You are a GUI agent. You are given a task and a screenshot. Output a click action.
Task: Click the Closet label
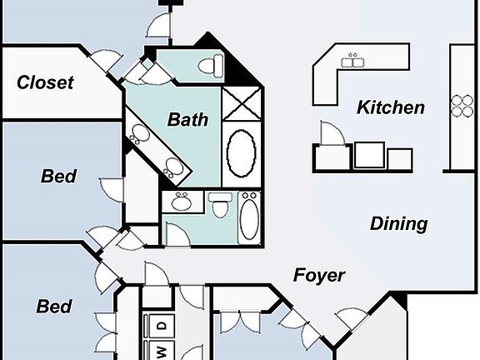[x=45, y=82]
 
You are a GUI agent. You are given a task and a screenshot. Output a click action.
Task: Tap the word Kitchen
[x=391, y=107]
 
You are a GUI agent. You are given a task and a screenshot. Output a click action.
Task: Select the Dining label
[x=399, y=223]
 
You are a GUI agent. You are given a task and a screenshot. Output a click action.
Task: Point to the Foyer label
[x=319, y=275]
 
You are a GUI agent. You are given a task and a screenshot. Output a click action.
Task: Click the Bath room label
[x=188, y=119]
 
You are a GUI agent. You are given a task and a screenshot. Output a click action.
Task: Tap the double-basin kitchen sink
[x=352, y=61]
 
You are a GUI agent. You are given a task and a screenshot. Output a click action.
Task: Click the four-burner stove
[x=462, y=106]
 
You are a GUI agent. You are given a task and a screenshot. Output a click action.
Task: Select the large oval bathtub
[x=241, y=153]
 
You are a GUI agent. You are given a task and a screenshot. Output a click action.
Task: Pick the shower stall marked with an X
[x=242, y=103]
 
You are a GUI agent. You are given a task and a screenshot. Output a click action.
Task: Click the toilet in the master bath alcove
[x=211, y=65]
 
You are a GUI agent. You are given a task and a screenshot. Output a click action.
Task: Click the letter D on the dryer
[x=162, y=325]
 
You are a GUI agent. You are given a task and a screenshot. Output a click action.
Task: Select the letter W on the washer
[x=162, y=352]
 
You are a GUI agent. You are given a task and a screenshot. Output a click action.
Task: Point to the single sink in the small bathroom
[x=182, y=201]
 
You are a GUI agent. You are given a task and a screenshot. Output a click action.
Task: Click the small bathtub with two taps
[x=249, y=217]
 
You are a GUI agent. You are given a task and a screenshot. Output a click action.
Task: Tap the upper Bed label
[x=58, y=176]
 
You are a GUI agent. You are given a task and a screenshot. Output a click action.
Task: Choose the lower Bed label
[x=54, y=306]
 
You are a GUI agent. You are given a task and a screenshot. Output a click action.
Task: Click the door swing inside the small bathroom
[x=177, y=234]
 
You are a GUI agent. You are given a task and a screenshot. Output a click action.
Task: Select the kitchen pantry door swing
[x=332, y=133]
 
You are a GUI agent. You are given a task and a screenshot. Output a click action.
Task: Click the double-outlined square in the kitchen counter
[x=369, y=155]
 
